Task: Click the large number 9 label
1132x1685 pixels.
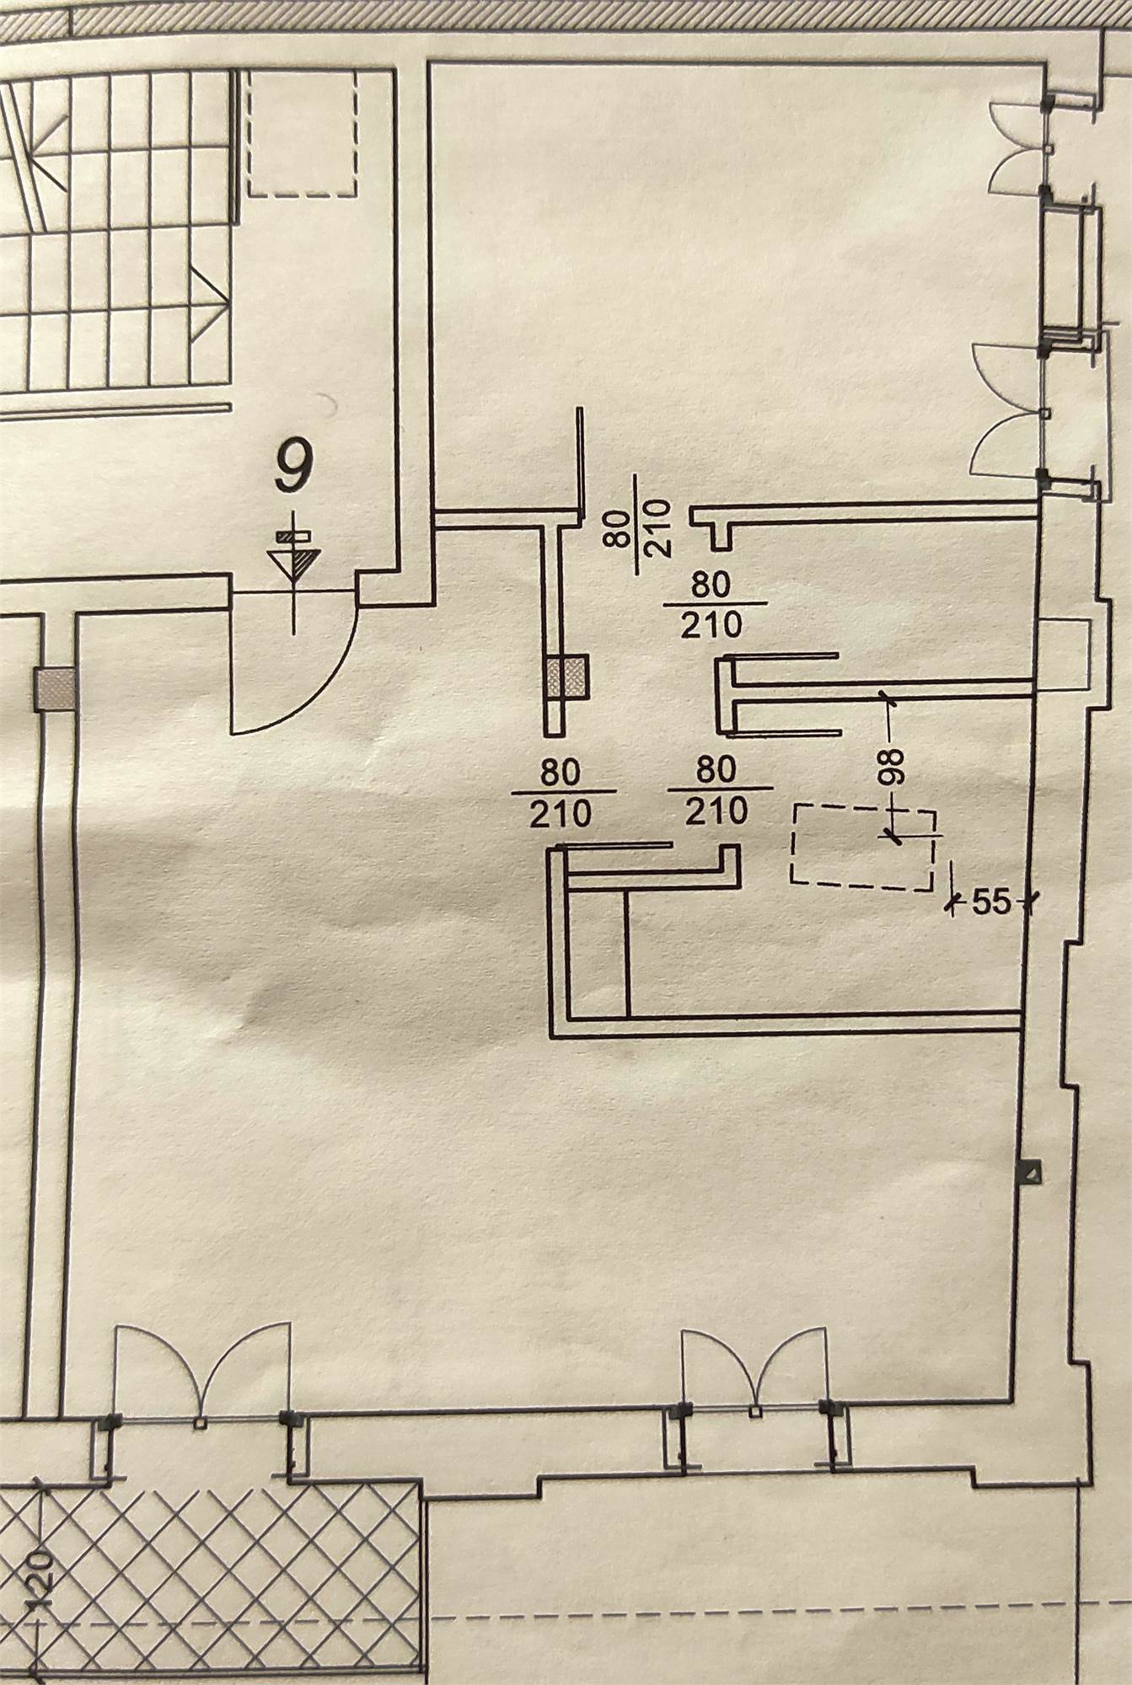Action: pyautogui.click(x=293, y=466)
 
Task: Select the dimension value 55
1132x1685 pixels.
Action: pyautogui.click(x=990, y=902)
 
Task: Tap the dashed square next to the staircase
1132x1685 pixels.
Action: pyautogui.click(x=302, y=135)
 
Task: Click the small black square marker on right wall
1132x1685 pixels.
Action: pyautogui.click(x=1030, y=1171)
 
